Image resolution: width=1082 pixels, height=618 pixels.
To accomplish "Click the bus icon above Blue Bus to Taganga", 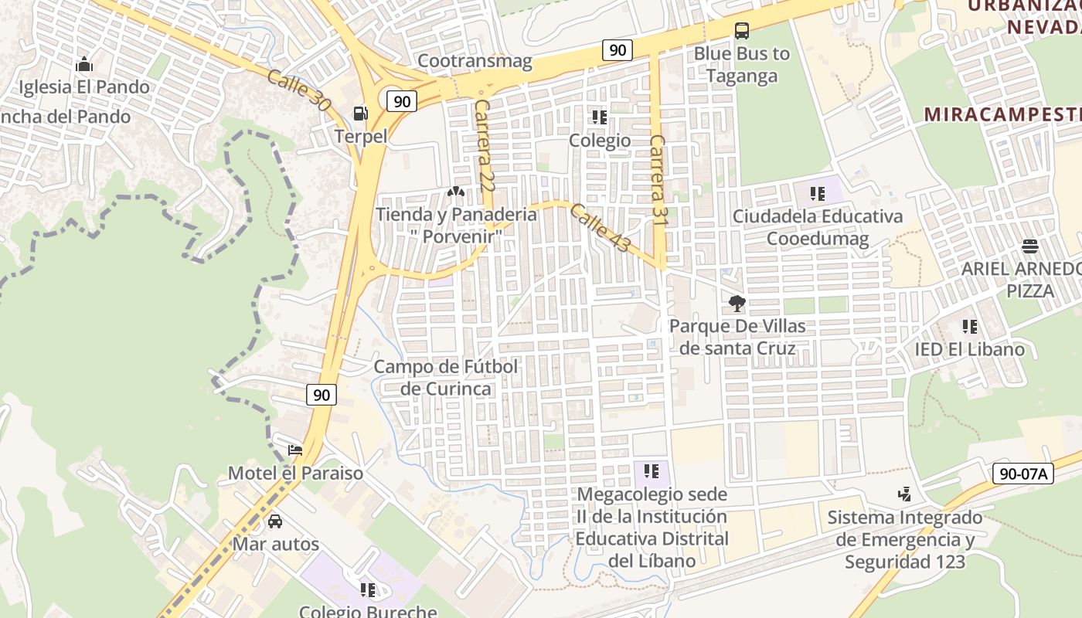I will (742, 31).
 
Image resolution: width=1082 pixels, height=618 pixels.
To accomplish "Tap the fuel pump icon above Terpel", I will (360, 114).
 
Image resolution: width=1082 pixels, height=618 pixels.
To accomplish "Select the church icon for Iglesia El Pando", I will (84, 64).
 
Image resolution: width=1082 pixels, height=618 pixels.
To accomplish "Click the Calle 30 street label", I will (298, 90).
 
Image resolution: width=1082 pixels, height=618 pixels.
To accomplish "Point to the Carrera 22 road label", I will (485, 145).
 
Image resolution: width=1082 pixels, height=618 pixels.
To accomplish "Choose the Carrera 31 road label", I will (658, 180).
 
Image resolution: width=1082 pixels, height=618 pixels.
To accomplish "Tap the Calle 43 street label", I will (601, 228).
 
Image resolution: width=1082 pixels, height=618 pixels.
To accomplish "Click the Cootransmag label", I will (475, 61).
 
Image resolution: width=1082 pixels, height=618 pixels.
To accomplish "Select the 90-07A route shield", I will (1023, 474).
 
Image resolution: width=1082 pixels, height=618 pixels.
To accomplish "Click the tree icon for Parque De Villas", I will (737, 303).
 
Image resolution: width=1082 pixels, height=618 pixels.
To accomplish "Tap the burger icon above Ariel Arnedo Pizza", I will (1029, 246).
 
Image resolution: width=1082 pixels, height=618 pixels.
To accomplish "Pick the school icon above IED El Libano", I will (969, 327).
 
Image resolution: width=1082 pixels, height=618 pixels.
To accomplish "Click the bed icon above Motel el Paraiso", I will (295, 450).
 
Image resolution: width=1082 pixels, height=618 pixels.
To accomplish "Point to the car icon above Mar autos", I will (275, 521).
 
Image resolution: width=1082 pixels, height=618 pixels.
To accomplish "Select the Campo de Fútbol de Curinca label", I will (446, 377).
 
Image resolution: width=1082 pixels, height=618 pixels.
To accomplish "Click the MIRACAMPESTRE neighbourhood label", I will (1002, 114).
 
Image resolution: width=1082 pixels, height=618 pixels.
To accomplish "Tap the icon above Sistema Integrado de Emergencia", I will (904, 494).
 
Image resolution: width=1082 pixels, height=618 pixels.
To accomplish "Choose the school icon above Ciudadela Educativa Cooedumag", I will (817, 193).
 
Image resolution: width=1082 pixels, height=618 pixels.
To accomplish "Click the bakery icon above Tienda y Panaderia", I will (456, 191).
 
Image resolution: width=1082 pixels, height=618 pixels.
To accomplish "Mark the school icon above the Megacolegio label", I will (652, 470).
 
